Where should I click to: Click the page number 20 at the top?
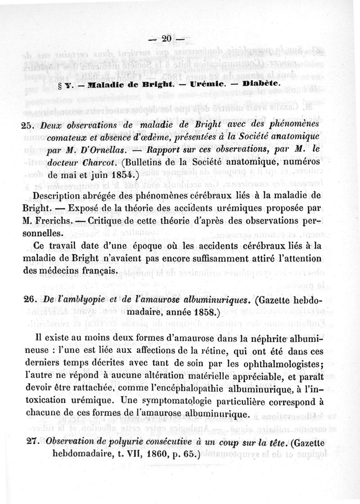pyautogui.click(x=166, y=39)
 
